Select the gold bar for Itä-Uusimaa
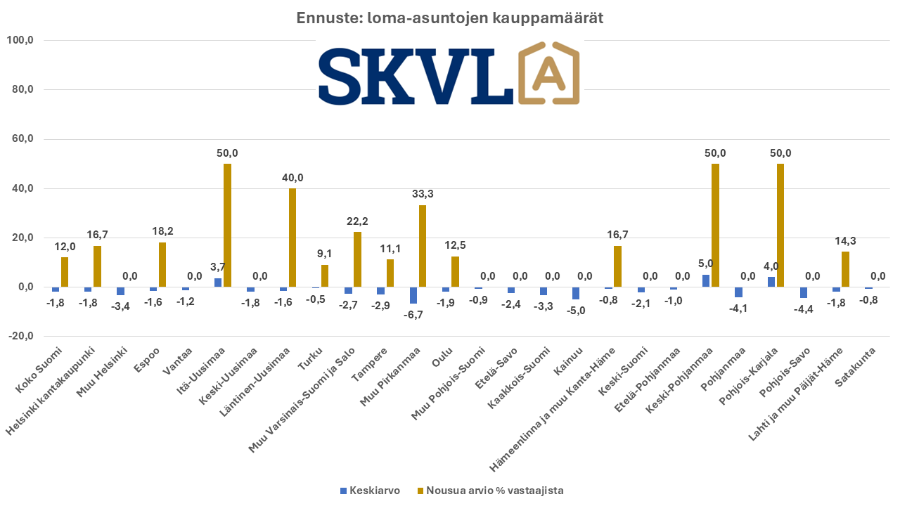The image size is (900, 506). (227, 225)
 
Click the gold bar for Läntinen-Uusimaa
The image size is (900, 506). (292, 238)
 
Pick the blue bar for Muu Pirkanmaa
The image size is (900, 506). (413, 295)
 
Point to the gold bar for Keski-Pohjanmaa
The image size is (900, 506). (715, 225)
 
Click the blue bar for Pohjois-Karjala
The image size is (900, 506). (771, 282)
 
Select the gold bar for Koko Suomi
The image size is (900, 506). (65, 272)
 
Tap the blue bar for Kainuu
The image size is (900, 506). (576, 293)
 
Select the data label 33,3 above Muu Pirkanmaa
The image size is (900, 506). (422, 194)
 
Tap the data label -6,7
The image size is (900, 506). (413, 314)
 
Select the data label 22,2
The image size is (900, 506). (357, 221)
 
